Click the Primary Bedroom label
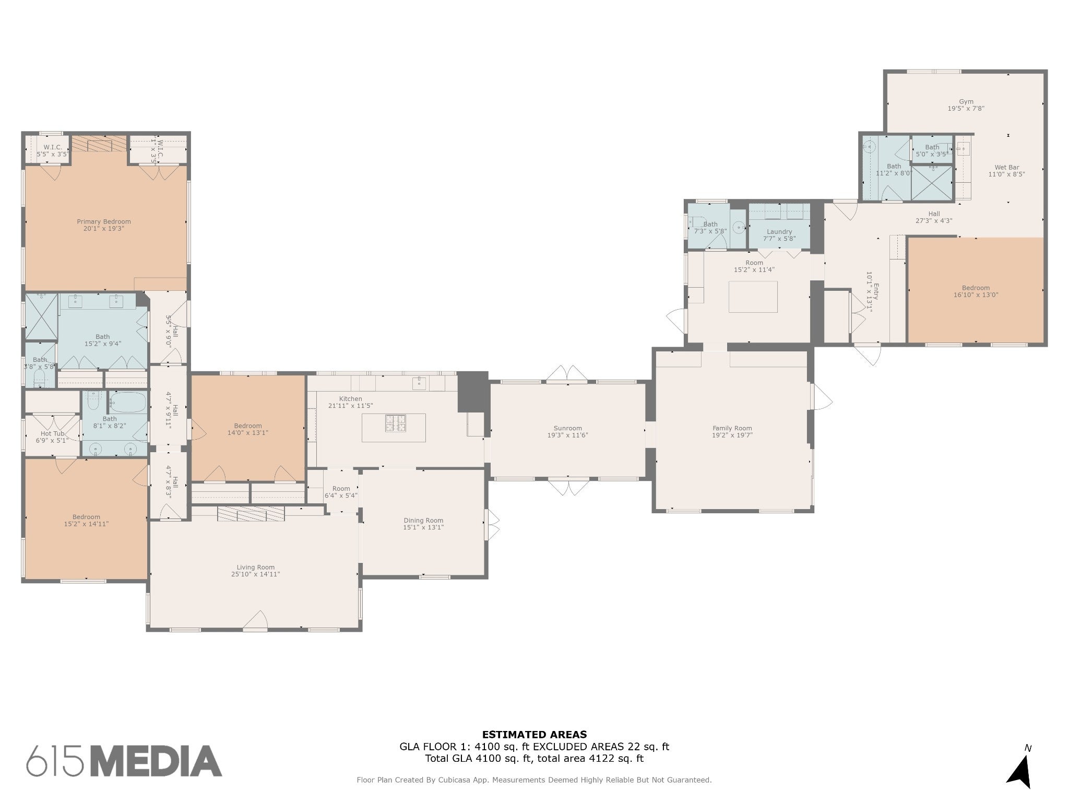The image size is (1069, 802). coord(104,221)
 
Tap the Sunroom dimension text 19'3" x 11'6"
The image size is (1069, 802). coord(567,435)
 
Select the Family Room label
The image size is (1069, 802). coord(732,428)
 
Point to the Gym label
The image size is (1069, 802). coord(966,102)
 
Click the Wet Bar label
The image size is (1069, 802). coord(1006,168)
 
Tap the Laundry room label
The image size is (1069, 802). coord(779,232)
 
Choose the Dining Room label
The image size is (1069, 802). coord(423,520)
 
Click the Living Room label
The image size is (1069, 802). coord(255,567)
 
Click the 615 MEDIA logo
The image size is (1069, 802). coord(124,761)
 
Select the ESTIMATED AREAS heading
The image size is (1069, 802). coord(534,735)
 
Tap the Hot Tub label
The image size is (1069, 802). coord(52,433)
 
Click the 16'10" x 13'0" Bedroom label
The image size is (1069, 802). coord(975,288)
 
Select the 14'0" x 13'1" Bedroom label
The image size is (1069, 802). coord(247,426)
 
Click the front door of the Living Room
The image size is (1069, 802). coord(255,623)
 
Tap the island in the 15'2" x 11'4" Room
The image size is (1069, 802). coord(753,297)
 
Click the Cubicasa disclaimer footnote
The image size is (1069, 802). coord(534,780)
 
